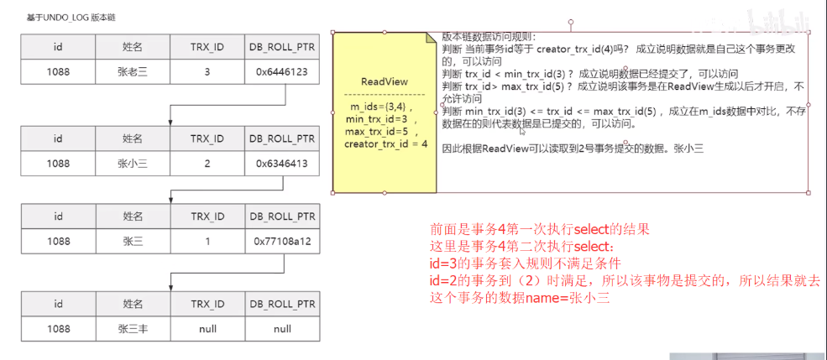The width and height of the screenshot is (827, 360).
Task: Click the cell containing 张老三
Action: pyautogui.click(x=133, y=72)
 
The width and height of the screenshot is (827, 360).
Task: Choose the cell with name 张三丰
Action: pyautogui.click(x=133, y=329)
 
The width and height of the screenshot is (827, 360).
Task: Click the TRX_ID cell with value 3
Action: pyautogui.click(x=207, y=72)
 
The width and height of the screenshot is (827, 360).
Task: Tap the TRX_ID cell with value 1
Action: pyautogui.click(x=207, y=240)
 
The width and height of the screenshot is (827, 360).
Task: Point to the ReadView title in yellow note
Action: pyautogui.click(x=384, y=81)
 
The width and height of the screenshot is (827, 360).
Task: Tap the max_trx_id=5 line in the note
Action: pyautogui.click(x=381, y=132)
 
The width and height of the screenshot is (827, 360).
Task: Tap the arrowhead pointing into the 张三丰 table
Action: pyautogui.click(x=170, y=285)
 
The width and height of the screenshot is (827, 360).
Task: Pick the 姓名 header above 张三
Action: pyautogui.click(x=133, y=216)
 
